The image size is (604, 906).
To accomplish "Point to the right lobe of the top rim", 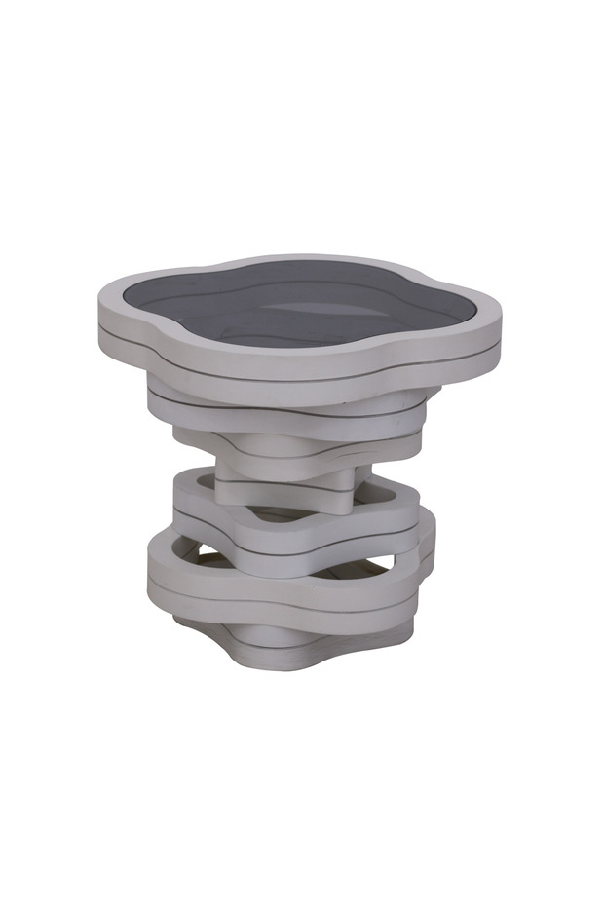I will pos(487,326).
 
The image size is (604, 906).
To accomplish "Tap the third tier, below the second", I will pos(292,443).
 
